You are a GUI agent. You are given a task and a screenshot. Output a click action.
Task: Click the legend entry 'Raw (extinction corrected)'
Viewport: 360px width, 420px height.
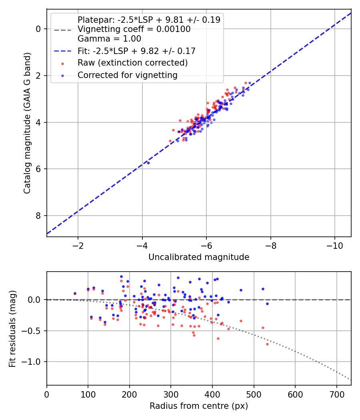pyautogui.click(x=132, y=63)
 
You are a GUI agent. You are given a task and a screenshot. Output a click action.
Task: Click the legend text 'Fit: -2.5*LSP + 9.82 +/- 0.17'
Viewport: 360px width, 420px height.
pyautogui.click(x=136, y=51)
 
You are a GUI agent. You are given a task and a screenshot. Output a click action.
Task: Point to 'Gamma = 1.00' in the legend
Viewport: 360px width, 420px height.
pyautogui.click(x=109, y=39)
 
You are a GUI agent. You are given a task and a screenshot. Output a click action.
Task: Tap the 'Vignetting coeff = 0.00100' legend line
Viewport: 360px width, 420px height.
pyautogui.click(x=134, y=29)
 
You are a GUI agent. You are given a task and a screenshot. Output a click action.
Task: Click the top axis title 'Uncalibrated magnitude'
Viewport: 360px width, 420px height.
pyautogui.click(x=199, y=257)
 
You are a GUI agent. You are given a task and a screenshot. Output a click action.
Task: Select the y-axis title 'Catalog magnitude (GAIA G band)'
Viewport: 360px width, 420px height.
pyautogui.click(x=27, y=123)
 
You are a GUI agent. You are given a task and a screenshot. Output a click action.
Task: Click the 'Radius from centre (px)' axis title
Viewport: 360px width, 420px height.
pyautogui.click(x=199, y=406)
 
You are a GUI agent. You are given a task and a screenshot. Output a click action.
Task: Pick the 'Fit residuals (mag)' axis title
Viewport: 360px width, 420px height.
pyautogui.click(x=12, y=328)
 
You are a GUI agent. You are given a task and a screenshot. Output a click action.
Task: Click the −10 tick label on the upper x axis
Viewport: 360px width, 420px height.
pyautogui.click(x=335, y=246)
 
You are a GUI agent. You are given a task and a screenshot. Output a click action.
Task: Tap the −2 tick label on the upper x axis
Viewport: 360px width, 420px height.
pyautogui.click(x=78, y=246)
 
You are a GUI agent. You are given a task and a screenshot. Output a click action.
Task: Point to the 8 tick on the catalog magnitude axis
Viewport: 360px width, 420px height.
pyautogui.click(x=38, y=216)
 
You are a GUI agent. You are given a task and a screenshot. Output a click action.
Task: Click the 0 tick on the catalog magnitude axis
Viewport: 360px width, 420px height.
pyautogui.click(x=38, y=29)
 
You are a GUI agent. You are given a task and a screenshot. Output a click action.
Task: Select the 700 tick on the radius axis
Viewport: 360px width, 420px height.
pyautogui.click(x=336, y=394)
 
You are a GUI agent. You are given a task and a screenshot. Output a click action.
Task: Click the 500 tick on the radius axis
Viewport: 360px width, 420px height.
pyautogui.click(x=254, y=394)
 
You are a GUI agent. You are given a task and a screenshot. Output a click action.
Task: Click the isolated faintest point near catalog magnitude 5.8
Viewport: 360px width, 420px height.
pyautogui.click(x=148, y=163)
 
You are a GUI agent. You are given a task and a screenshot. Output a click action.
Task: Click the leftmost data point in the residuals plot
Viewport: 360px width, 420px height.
pyautogui.click(x=75, y=293)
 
